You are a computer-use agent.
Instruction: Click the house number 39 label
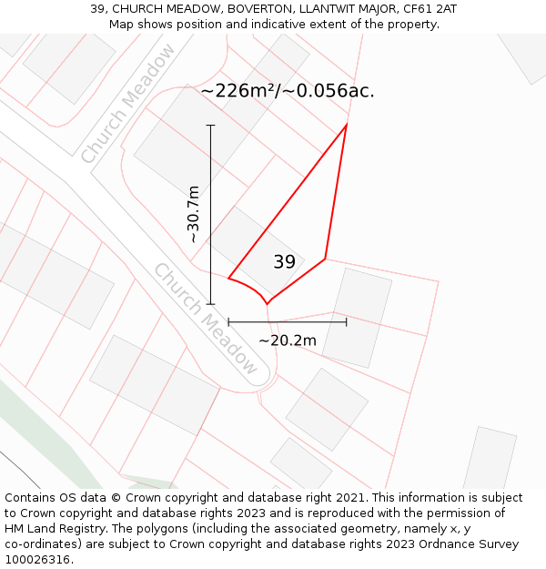(x=284, y=262)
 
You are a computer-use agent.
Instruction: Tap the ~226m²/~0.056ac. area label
(x=287, y=91)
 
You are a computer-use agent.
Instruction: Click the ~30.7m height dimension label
(x=193, y=214)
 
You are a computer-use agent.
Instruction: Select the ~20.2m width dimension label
(x=288, y=340)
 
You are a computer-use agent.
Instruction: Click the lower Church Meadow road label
(x=206, y=318)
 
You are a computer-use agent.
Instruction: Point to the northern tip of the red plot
(x=347, y=124)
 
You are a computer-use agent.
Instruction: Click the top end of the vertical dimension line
(x=211, y=125)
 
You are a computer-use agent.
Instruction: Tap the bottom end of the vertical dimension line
(x=211, y=304)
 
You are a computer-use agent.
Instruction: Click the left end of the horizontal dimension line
(x=228, y=321)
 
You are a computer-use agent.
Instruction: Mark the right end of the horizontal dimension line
(x=347, y=321)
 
